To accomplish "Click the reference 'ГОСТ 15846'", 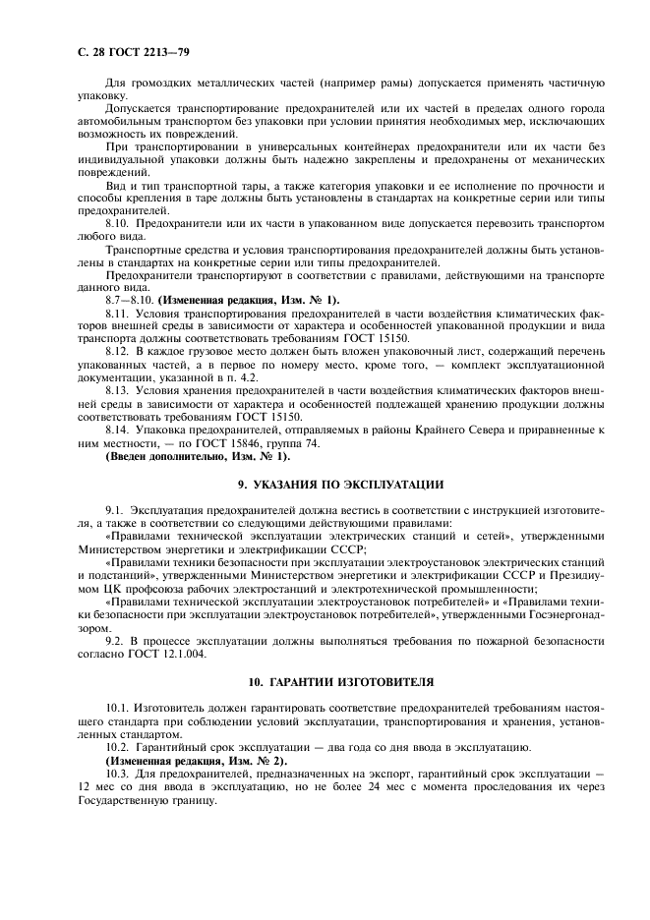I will (x=216, y=442).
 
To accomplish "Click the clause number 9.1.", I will (x=115, y=512).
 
